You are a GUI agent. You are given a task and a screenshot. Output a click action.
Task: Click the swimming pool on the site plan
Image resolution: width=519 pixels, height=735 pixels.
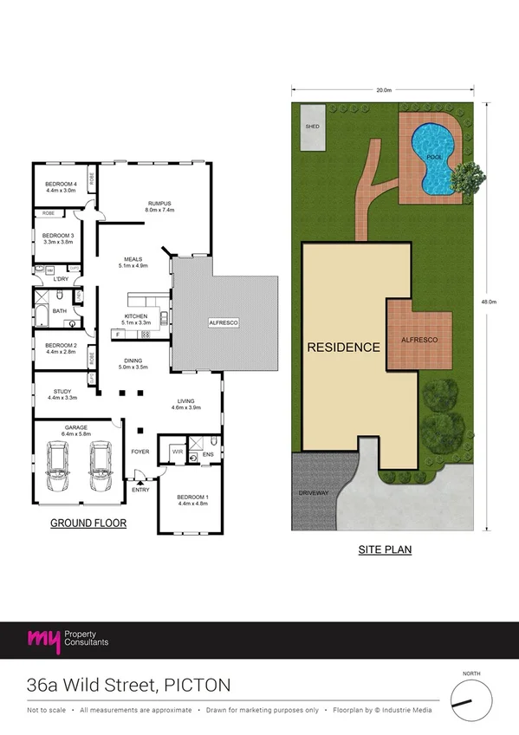(431, 158)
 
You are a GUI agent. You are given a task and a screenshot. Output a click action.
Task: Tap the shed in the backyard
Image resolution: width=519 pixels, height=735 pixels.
(312, 127)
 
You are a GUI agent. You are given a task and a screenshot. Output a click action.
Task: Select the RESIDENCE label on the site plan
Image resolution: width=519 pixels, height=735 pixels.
(344, 348)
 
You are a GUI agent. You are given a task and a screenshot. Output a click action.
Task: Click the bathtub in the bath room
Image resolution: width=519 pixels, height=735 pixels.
(41, 310)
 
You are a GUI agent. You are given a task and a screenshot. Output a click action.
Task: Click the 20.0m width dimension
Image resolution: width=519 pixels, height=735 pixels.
(384, 90)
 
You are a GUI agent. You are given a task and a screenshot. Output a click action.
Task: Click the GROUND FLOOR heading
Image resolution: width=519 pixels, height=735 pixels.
(88, 523)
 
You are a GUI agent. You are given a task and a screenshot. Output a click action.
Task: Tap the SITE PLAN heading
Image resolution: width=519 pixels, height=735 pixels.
(385, 550)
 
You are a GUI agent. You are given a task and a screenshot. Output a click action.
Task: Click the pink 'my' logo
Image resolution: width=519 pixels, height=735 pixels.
(44, 641)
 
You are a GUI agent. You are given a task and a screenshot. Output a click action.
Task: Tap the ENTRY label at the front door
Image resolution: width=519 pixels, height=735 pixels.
(139, 490)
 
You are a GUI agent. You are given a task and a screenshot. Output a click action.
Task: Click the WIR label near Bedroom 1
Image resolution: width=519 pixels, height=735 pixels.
(178, 452)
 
